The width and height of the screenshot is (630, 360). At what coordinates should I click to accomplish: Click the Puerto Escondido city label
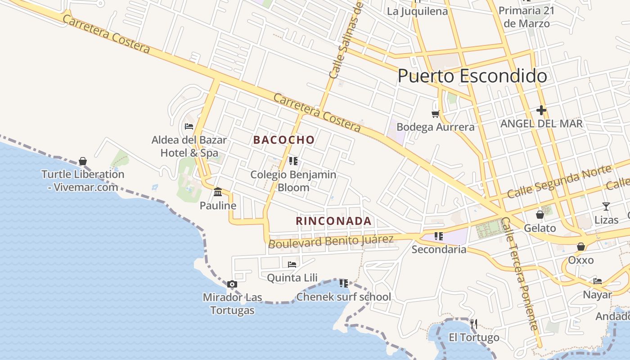tap(472, 76)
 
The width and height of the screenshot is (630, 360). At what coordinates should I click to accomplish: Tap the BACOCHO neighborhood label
tap(284, 140)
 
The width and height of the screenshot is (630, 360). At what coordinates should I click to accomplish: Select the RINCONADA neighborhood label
tap(333, 221)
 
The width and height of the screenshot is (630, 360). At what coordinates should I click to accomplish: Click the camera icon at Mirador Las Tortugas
tap(232, 284)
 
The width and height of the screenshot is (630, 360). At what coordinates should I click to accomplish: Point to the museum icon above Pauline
tap(218, 192)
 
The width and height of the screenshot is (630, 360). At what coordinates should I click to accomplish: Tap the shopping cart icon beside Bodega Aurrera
tap(435, 114)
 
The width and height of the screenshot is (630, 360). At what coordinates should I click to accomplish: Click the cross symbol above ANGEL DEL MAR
tap(541, 110)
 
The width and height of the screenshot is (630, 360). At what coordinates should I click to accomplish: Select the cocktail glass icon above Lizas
tap(606, 207)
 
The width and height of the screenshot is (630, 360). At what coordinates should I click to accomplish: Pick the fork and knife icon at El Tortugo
tap(473, 324)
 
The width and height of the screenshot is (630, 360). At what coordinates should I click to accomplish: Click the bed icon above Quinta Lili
tap(292, 264)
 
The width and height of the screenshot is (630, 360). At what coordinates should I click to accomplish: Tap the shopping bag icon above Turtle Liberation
tap(83, 161)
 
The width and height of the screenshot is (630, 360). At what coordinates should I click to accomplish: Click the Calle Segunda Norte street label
tap(559, 182)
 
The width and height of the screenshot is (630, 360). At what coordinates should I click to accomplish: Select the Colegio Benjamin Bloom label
tap(293, 181)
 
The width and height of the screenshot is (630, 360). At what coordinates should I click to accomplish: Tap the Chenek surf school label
tap(343, 297)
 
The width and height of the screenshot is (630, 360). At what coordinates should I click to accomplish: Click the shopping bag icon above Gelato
tap(540, 215)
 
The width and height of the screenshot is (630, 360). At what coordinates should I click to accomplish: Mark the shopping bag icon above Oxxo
tap(581, 247)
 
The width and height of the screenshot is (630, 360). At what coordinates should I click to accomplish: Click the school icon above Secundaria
tap(439, 236)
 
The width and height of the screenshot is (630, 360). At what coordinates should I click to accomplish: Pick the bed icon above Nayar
tap(598, 281)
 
